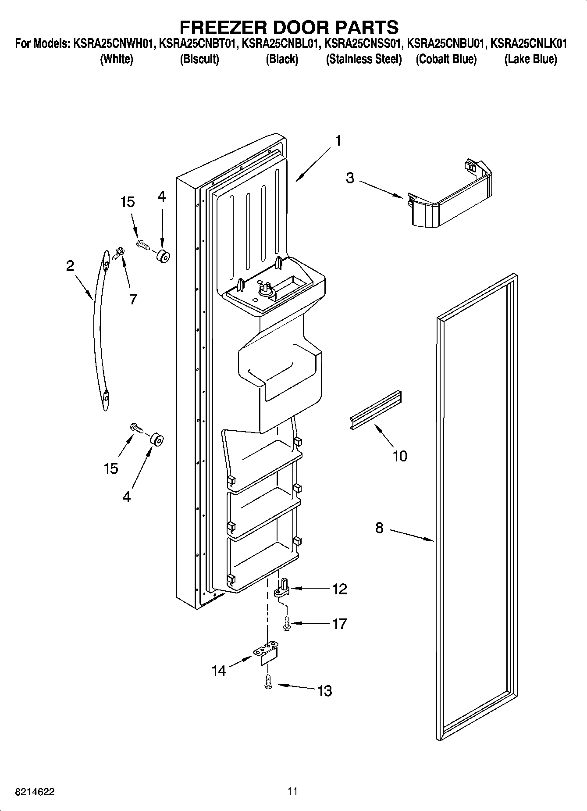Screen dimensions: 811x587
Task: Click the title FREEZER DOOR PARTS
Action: tap(289, 27)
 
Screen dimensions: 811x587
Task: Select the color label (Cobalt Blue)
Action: tap(446, 59)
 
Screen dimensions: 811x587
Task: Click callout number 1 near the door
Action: tap(338, 141)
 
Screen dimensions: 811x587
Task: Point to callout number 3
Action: tap(350, 179)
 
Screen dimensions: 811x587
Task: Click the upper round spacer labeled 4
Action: tap(163, 256)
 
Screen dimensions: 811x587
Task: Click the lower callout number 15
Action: tap(111, 468)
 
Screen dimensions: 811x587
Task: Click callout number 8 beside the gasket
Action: tap(379, 528)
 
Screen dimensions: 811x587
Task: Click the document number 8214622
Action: tap(35, 792)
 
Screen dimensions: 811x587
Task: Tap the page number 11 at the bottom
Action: tap(293, 791)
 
